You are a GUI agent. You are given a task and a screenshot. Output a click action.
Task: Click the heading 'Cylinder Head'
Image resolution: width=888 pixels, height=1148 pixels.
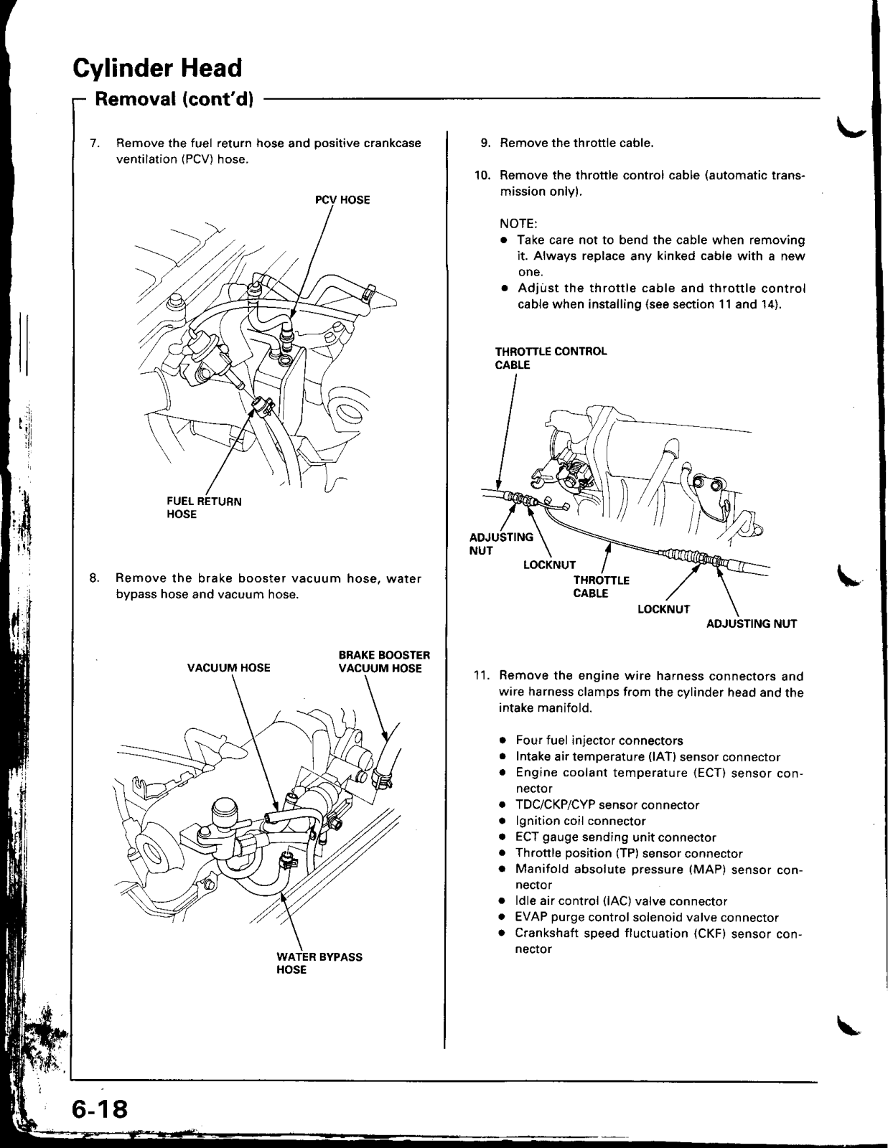point(157,68)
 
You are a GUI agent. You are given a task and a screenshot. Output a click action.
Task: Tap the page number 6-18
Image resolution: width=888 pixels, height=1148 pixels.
point(99,1109)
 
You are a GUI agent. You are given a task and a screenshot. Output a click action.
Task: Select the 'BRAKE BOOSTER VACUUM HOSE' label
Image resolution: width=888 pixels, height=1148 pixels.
point(384,662)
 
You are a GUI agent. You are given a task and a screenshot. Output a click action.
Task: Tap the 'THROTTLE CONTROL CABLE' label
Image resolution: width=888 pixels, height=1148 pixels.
point(551,358)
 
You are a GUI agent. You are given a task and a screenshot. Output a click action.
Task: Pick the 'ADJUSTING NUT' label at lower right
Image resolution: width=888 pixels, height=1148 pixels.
point(751,624)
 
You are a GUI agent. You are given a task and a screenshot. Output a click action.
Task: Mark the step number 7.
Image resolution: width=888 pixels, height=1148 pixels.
point(94,143)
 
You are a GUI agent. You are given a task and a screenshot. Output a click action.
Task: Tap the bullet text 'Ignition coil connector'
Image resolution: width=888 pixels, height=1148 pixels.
point(581,821)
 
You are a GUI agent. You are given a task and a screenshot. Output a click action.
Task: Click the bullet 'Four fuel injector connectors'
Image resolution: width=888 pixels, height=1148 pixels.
point(599,740)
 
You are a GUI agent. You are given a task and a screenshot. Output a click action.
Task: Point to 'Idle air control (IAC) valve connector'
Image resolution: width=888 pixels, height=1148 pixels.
point(621,901)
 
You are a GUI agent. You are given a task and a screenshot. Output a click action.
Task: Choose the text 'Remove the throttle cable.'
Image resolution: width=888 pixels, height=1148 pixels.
point(576,143)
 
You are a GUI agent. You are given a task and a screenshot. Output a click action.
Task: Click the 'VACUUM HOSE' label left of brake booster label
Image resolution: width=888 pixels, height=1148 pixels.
point(228,668)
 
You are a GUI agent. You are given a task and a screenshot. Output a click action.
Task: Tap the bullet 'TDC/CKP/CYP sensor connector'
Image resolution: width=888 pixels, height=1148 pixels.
point(607,805)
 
